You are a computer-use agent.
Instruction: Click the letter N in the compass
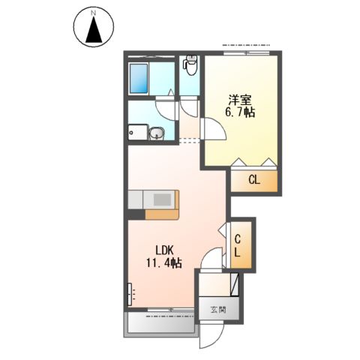click(x=94, y=13)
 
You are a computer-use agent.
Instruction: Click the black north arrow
click(x=94, y=31)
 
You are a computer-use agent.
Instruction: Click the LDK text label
click(x=166, y=249)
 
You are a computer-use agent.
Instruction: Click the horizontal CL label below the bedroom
click(x=254, y=180)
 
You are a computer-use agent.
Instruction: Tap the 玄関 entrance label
click(x=217, y=308)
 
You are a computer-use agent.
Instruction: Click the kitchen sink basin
click(x=162, y=199)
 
